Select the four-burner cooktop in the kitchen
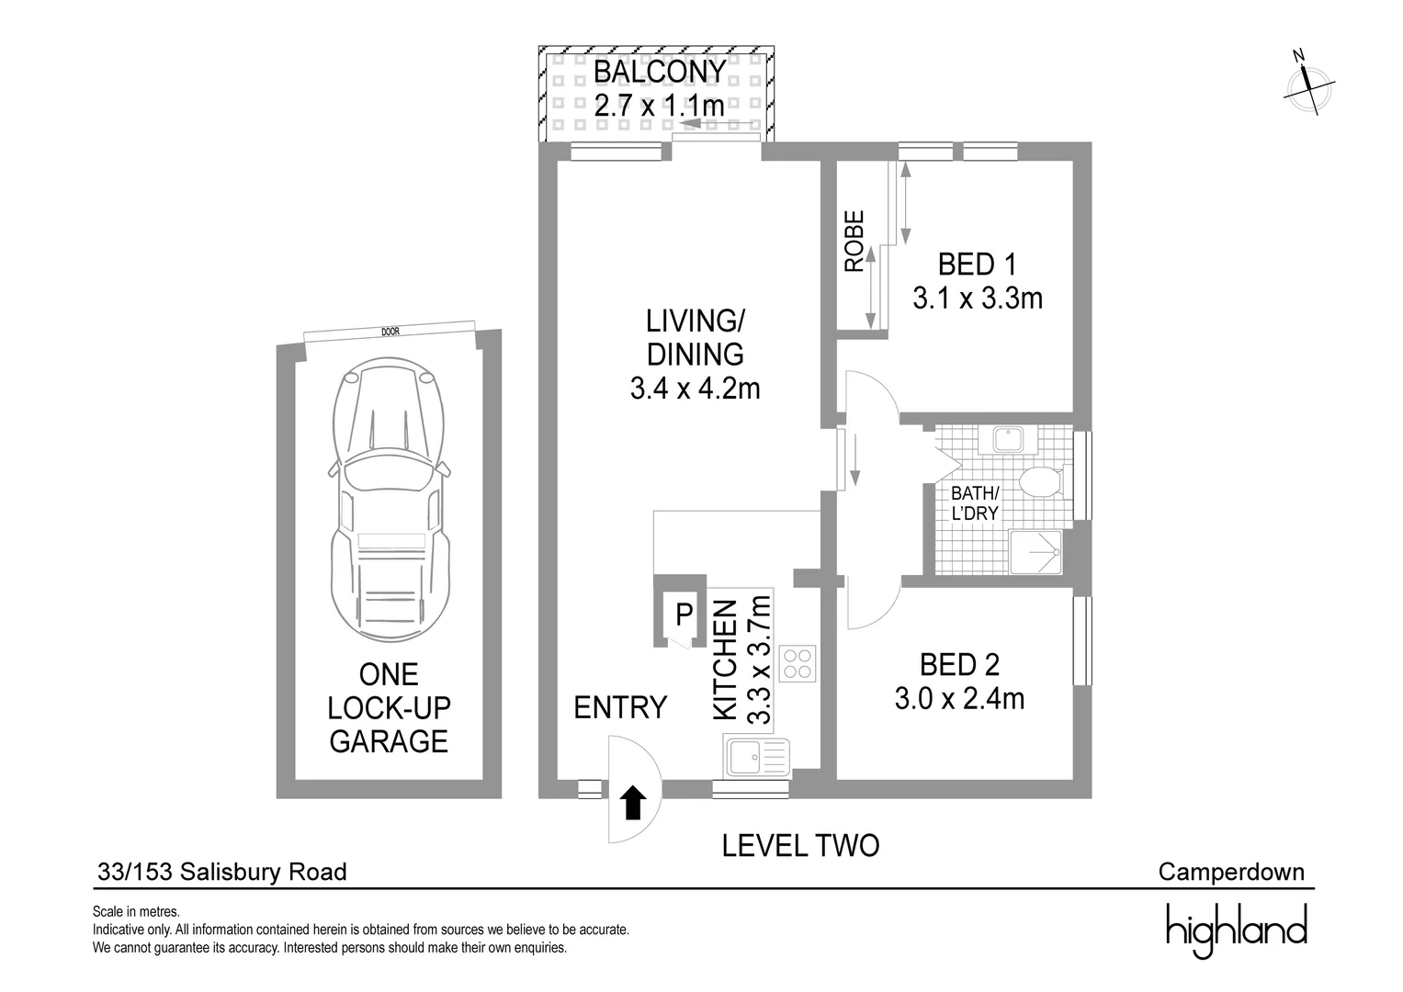(798, 664)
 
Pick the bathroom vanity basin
(1009, 439)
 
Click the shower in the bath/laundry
(1035, 552)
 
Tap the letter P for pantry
(684, 614)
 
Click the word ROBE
(854, 241)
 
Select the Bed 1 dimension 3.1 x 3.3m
(978, 299)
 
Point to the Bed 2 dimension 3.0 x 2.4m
(959, 698)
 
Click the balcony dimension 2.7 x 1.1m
(660, 106)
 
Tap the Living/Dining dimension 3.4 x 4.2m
(696, 389)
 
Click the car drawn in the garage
(389, 499)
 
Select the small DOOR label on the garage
(390, 332)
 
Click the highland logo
(1237, 930)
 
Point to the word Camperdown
(1231, 872)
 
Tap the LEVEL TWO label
(800, 846)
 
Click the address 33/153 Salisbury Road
(221, 872)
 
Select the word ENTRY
(620, 707)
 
